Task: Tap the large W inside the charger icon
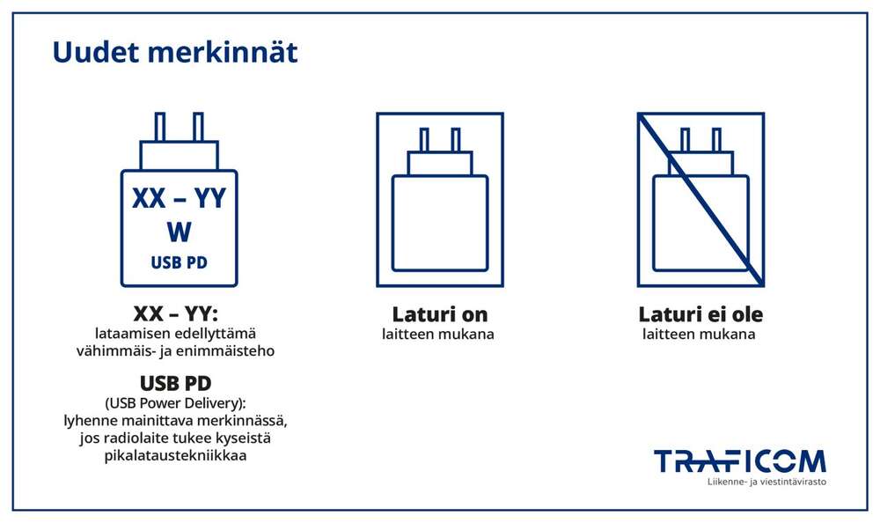[x=179, y=232]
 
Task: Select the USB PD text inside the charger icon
[x=179, y=262]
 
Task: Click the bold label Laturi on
[x=439, y=314]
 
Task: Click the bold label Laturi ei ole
[x=700, y=314]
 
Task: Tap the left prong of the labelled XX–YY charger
[x=160, y=128]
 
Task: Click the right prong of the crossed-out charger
[x=716, y=139]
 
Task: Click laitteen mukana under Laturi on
[x=437, y=335]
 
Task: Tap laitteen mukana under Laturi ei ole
[x=699, y=335]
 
